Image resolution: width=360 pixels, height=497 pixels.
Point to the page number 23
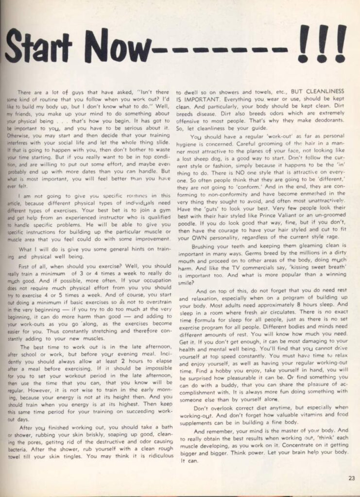[351, 478]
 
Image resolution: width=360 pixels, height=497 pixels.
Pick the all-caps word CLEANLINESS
[325, 91]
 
